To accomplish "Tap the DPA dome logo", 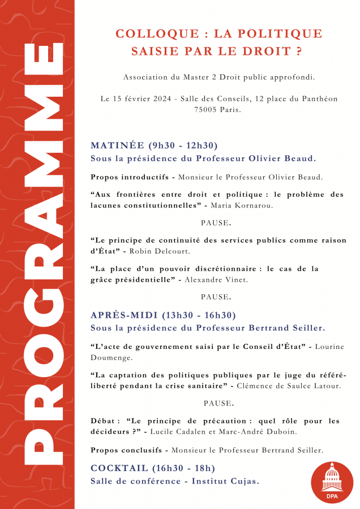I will (332, 482).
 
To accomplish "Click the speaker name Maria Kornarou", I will (250, 206).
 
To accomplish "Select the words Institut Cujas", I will (225, 481).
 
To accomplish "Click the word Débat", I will (103, 421).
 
